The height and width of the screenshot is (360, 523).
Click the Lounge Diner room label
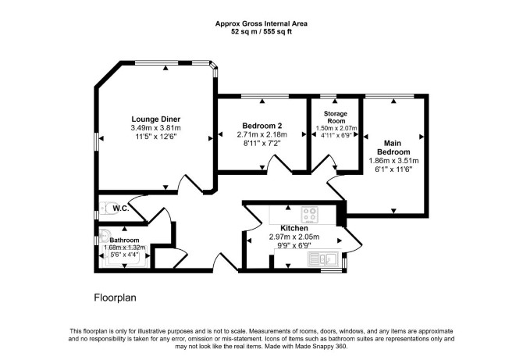coord(156,119)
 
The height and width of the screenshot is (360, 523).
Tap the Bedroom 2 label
coord(261,126)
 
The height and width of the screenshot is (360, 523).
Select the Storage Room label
coord(336,117)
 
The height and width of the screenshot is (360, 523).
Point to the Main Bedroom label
coord(393,148)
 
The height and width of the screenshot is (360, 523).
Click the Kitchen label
coord(294,228)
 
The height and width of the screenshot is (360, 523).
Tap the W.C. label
coord(121,209)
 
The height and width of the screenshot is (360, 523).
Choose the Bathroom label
coord(124,241)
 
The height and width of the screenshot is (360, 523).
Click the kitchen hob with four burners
coord(310,215)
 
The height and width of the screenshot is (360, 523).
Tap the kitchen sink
coord(323,258)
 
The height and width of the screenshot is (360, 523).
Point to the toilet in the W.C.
coord(107,209)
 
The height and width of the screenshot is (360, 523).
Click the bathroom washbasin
coord(105,235)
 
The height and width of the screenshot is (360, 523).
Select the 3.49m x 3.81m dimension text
coord(156,128)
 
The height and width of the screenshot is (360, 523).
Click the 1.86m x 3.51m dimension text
coord(393,161)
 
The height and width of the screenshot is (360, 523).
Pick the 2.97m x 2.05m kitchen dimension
coord(294,237)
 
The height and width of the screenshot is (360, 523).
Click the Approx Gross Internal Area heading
coord(261,23)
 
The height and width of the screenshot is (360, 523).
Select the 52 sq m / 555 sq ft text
coord(261,32)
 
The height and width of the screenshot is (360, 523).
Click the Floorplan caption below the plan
coord(115,298)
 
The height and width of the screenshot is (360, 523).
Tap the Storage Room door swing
coord(324,165)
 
